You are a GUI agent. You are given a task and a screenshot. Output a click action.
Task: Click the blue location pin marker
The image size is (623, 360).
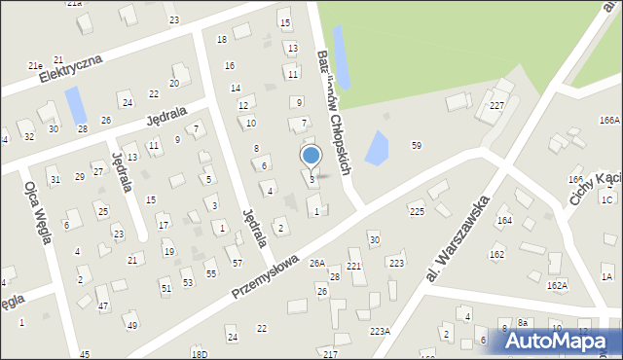311,156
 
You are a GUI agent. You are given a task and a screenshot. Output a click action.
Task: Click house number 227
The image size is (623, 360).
496,105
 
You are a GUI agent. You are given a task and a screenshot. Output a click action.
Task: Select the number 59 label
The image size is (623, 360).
417,145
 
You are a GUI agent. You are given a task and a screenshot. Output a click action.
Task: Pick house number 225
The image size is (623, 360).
417,211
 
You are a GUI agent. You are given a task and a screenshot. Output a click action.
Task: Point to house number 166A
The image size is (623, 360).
610,120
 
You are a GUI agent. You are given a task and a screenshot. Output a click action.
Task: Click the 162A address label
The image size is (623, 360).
557,285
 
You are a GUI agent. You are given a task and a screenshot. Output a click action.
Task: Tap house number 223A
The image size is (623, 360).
380,331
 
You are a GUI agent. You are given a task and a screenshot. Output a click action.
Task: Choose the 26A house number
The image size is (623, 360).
317,263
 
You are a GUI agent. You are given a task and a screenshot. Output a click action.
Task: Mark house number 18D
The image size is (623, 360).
199,354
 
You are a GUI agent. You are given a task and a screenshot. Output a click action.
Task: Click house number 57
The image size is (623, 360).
237,263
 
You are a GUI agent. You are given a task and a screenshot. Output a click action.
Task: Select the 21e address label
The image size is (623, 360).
35,65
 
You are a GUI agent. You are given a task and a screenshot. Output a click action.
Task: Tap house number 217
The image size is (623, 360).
330,353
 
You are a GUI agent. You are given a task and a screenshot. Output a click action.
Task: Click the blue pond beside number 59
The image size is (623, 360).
375,148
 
